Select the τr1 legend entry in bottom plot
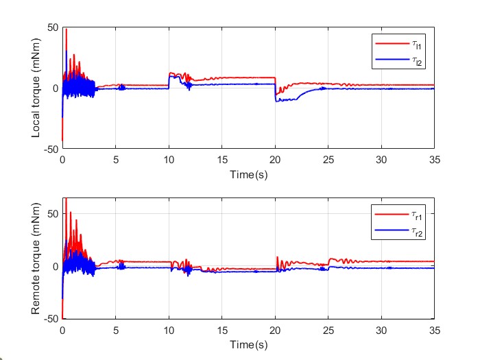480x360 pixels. (398, 215)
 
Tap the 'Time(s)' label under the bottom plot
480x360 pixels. (248, 343)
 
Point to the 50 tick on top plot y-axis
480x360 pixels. (51, 27)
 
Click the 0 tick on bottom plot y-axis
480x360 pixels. (55, 266)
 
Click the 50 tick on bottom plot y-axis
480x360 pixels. (51, 214)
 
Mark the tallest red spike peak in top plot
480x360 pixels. (66, 29)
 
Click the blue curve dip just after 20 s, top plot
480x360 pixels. (277, 101)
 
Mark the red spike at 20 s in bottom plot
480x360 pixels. (277, 257)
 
